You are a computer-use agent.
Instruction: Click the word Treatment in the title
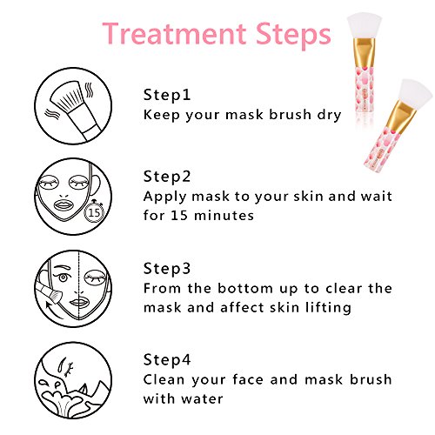pos(174,33)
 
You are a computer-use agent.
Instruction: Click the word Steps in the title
pos(293,36)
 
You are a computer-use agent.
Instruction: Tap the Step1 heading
pos(167,96)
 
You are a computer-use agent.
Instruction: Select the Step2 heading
pos(167,177)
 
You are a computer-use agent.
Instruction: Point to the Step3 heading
pos(167,269)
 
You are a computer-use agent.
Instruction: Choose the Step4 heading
pos(167,360)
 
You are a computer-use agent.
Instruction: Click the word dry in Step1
pos(329,115)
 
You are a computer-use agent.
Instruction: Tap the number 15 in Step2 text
pos(179,216)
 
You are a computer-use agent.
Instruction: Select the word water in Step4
pos(202,399)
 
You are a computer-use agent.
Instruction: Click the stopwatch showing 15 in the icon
pos(94,211)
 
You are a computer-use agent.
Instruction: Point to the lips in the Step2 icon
pos(65,205)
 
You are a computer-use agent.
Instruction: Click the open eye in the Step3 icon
pos(63,278)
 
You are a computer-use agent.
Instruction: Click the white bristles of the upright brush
pos(365,26)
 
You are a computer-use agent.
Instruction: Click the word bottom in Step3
pos(245,289)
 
